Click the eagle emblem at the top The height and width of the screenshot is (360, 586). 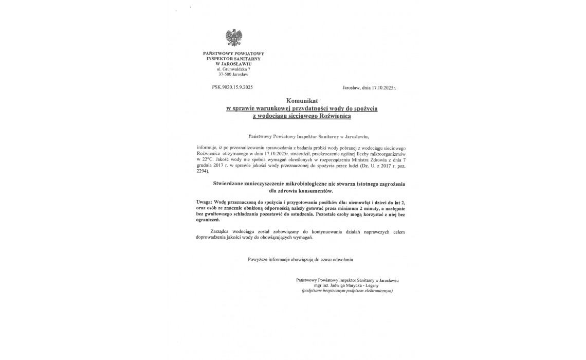pos(234,38)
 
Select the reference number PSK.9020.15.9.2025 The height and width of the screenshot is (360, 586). pos(232,87)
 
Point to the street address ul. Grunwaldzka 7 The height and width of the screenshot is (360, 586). pos(233,69)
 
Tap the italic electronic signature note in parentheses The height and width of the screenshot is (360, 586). pos(347,291)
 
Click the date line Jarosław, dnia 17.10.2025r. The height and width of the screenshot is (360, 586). pos(369,87)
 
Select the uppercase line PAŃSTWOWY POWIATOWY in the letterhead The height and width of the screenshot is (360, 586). pos(233,53)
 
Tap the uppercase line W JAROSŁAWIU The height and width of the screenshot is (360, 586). pos(233,64)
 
